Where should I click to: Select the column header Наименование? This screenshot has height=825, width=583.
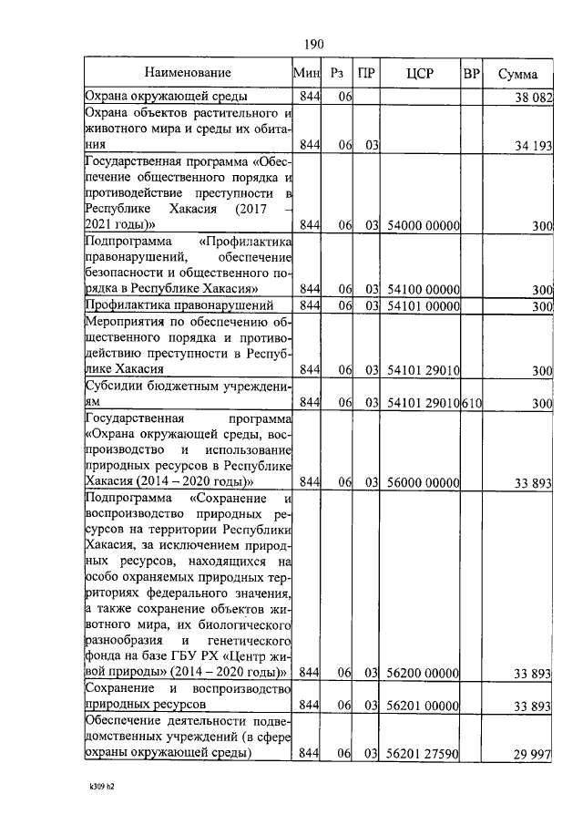pos(186,72)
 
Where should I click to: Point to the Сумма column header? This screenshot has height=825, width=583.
pos(517,74)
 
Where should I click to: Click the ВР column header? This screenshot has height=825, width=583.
pos(471,73)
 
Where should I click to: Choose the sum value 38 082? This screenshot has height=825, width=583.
pos(532,97)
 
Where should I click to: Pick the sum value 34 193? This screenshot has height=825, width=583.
pos(532,145)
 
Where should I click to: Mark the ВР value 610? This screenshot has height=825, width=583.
pos(471,402)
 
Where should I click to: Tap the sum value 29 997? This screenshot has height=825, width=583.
pos(532,754)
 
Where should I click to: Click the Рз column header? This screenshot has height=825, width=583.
pos(338,73)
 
